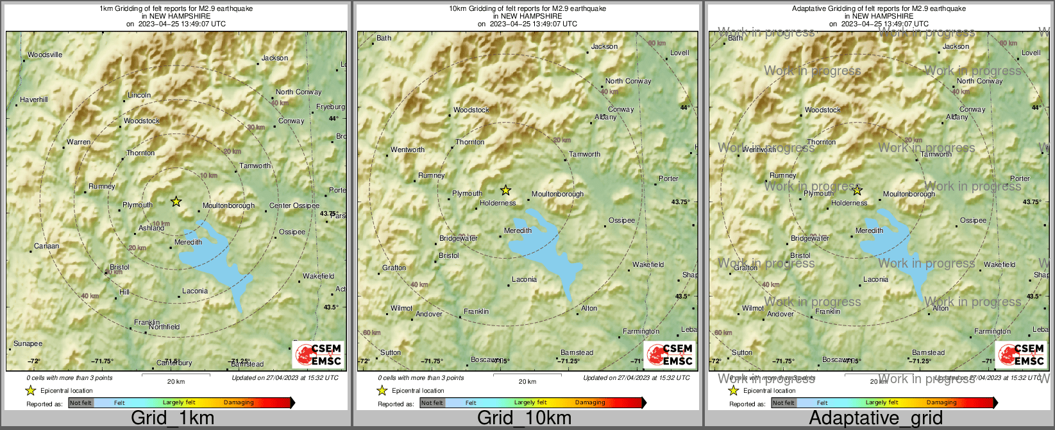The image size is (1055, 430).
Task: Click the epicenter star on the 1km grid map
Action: pos(176,202)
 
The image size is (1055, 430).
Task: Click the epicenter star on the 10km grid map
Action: pos(505,190)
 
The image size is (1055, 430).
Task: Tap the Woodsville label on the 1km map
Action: pos(45,55)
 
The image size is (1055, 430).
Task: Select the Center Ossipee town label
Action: pos(294,206)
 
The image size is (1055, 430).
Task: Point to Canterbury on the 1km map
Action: pos(174,363)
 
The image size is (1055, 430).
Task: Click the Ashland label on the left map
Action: pos(151,228)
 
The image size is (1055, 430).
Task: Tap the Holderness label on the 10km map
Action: pos(498,203)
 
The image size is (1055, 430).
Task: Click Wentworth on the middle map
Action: pos(408,150)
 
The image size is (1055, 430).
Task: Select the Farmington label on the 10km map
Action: pos(641,332)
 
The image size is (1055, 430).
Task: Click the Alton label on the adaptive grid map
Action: pos(941,309)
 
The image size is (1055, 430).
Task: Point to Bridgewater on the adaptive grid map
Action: pos(810,239)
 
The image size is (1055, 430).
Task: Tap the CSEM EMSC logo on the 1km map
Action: pos(319,355)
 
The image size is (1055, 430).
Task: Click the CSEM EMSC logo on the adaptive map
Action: pos(1022,355)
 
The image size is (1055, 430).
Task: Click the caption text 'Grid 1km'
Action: pos(173,418)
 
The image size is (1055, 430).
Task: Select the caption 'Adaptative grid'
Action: pos(875,418)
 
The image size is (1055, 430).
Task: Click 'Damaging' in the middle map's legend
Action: pos(590,403)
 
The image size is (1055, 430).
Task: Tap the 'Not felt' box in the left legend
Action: pos(81,403)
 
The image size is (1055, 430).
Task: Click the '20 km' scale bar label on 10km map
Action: pos(527,382)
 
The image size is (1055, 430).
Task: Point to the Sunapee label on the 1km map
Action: pos(28,344)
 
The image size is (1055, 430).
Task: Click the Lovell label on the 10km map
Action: pos(679,53)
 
